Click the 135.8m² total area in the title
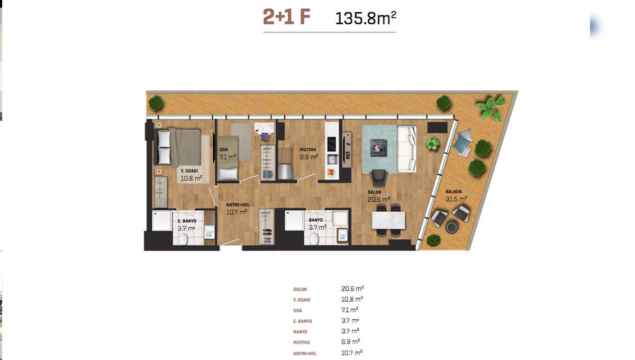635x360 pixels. pyautogui.click(x=366, y=18)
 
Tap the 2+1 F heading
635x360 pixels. pyautogui.click(x=287, y=17)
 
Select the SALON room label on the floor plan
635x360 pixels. pyautogui.click(x=374, y=192)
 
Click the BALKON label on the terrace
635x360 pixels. pyautogui.click(x=453, y=192)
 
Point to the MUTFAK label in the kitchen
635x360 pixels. pyautogui.click(x=308, y=150)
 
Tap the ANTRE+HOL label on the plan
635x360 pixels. pyautogui.click(x=238, y=205)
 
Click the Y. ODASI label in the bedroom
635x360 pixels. pyautogui.click(x=189, y=171)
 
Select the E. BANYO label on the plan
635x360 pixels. pyautogui.click(x=187, y=221)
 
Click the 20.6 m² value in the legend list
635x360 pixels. pyautogui.click(x=352, y=289)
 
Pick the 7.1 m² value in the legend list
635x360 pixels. pyautogui.click(x=350, y=310)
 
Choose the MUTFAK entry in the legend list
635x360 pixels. pyautogui.click(x=302, y=343)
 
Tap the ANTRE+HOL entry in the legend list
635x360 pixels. pyautogui.click(x=305, y=354)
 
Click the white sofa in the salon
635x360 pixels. pyautogui.click(x=407, y=149)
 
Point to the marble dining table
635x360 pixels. pyautogui.click(x=388, y=220)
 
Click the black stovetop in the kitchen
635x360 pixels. pyautogui.click(x=332, y=144)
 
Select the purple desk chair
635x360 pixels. pyautogui.click(x=265, y=137)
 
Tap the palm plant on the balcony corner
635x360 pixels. pyautogui.click(x=491, y=107)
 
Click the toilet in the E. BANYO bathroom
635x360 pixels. pyautogui.click(x=184, y=239)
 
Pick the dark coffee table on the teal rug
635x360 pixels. pyautogui.click(x=379, y=148)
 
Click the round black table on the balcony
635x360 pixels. pyautogui.click(x=451, y=227)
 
